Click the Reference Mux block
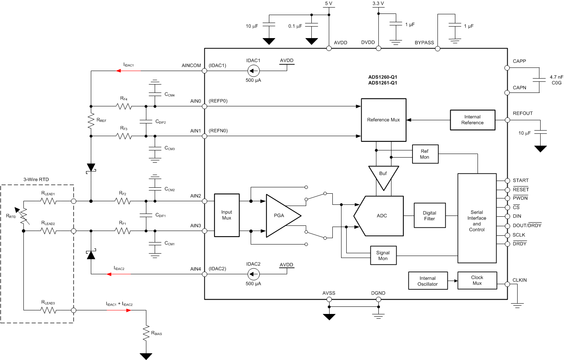383,120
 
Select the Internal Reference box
472,120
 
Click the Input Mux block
226,215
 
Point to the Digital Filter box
429,216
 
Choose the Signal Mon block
383,256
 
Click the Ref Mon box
424,154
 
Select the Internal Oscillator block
428,281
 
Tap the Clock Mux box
477,280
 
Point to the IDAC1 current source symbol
253,71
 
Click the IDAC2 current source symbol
253,274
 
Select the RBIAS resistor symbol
146,333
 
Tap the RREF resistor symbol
91,121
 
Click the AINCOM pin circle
205,71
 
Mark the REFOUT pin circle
507,120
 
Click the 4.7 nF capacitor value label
556,77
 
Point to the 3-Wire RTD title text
36,179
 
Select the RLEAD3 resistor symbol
48,310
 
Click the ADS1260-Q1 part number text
382,77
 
